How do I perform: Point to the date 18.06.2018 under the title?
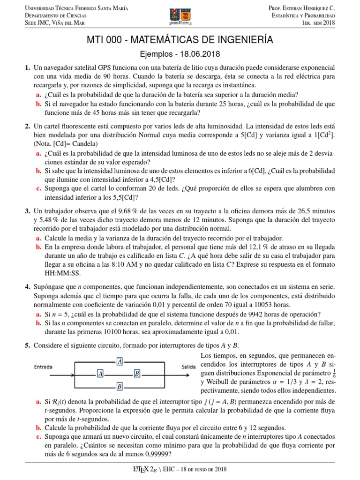tap(202, 54)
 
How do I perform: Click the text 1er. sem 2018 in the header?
tap(319, 23)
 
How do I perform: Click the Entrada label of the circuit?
tap(43, 367)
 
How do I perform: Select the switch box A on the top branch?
tap(120, 361)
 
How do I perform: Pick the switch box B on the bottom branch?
tap(120, 386)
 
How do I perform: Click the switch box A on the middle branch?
tap(100, 374)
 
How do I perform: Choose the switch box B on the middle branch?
tap(137, 374)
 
